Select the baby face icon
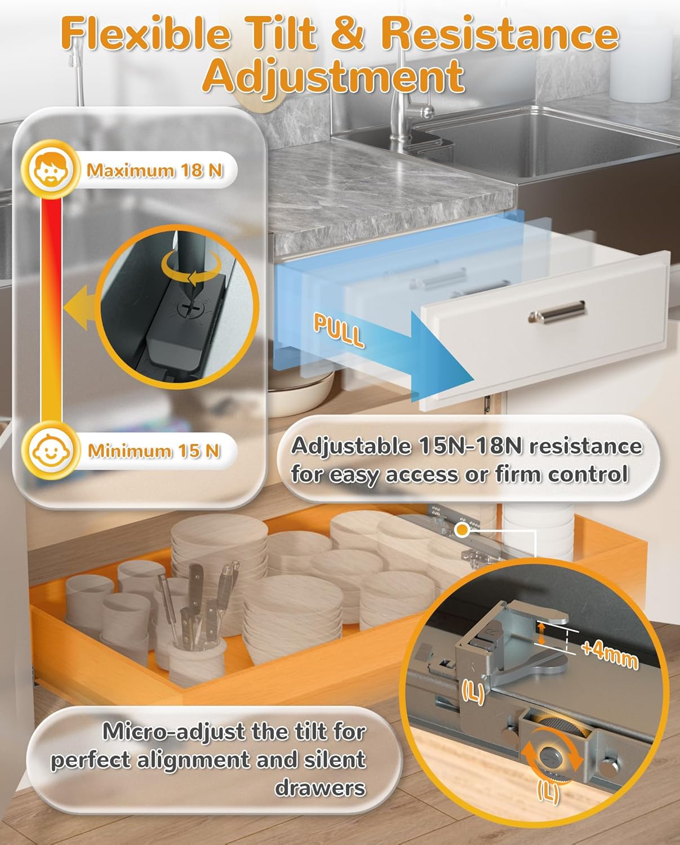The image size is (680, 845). (x=50, y=450)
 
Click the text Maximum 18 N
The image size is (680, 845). (x=154, y=170)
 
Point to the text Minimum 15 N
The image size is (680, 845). (x=154, y=450)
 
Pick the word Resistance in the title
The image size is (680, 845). (x=500, y=34)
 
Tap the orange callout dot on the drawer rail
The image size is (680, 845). (x=463, y=530)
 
